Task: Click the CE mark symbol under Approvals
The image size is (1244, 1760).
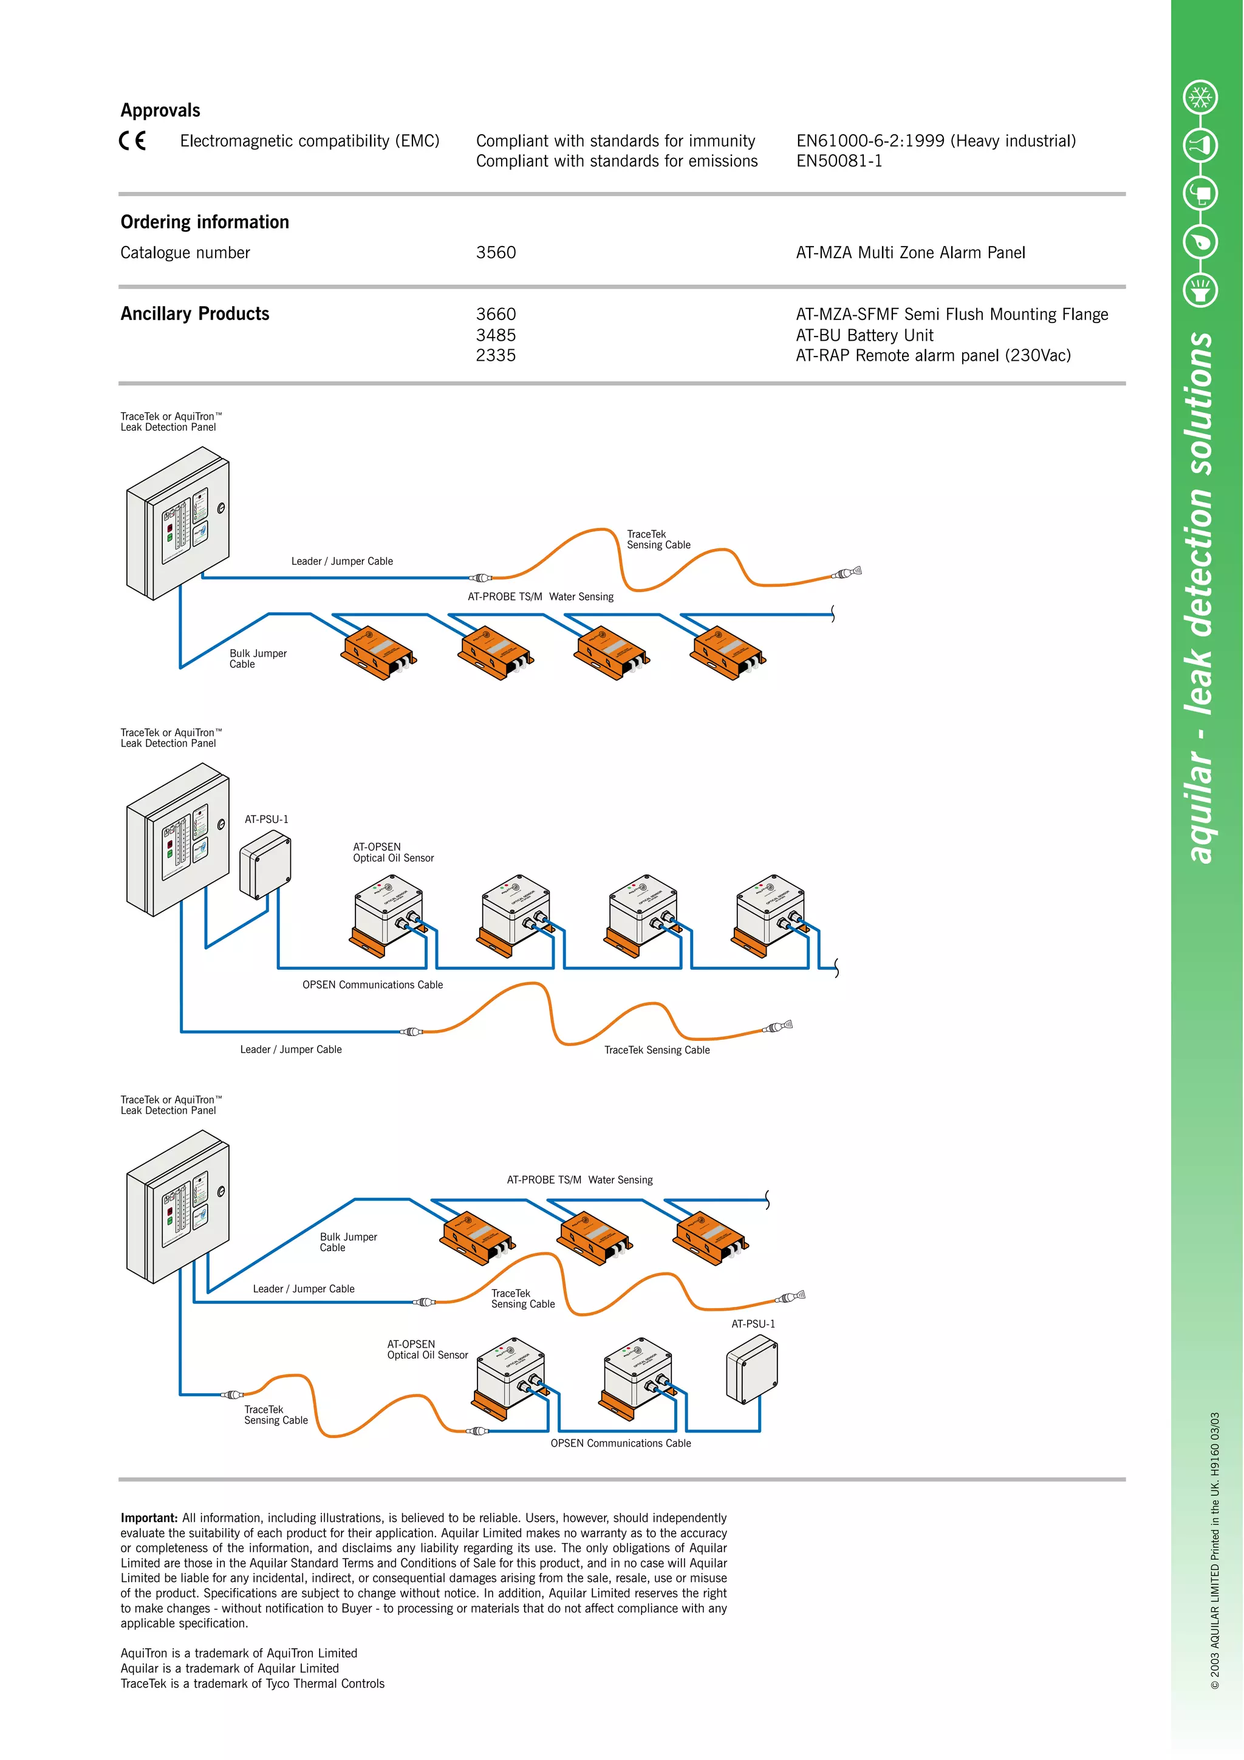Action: click(x=132, y=141)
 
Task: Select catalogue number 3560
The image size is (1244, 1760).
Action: click(x=496, y=253)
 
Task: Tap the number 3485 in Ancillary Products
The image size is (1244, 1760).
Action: click(x=496, y=335)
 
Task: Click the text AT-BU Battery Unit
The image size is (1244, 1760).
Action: click(x=864, y=335)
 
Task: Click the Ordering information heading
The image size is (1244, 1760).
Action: click(x=205, y=222)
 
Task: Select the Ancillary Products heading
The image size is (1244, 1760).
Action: click(x=195, y=313)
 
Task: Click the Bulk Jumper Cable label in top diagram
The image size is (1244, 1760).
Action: click(x=258, y=658)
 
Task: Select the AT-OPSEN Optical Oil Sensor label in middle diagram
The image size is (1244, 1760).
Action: click(x=392, y=853)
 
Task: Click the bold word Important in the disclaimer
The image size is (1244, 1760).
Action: click(x=149, y=1518)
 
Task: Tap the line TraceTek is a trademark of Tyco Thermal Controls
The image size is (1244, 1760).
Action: click(x=252, y=1683)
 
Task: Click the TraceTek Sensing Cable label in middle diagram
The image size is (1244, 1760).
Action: click(x=657, y=1049)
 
